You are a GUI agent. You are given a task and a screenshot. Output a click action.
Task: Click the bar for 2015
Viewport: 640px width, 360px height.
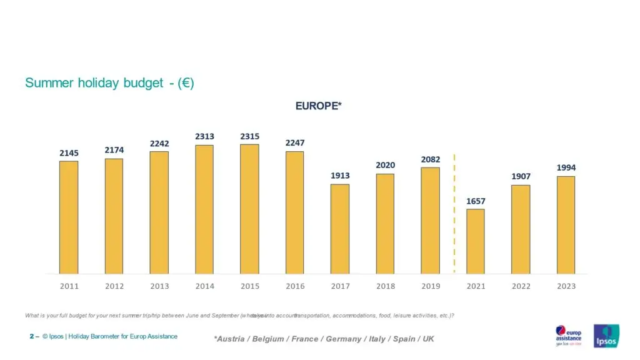249,209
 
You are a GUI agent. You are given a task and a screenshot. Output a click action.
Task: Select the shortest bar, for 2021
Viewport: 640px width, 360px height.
475,241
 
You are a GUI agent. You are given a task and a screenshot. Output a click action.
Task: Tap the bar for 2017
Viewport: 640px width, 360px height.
340,229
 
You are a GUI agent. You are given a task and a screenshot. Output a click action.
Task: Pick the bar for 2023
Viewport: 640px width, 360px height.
566,225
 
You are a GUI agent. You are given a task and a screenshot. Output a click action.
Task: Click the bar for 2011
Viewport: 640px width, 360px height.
69,217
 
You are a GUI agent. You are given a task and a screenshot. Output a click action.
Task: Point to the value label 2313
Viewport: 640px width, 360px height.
204,136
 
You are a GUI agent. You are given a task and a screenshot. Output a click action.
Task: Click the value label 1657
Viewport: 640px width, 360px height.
475,201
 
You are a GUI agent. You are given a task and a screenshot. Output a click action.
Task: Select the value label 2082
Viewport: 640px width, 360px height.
430,159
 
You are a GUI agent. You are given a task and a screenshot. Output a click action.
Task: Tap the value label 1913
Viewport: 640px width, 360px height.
340,176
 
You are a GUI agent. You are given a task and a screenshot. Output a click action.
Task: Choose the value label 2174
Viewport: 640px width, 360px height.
114,151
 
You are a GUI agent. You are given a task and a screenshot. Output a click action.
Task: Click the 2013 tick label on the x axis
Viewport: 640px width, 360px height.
159,286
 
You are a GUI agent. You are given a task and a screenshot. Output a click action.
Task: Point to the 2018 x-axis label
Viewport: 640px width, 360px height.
385,286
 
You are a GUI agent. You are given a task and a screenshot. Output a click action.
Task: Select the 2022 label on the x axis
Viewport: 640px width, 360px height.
521,286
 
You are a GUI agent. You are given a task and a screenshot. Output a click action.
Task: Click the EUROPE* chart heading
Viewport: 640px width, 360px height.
318,106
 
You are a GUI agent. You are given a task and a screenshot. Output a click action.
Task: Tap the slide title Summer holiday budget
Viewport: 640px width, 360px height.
109,83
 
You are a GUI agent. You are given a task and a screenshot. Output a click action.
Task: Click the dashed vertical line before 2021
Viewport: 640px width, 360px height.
454,212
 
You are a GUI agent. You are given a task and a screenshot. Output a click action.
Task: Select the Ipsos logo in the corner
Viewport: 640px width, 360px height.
606,335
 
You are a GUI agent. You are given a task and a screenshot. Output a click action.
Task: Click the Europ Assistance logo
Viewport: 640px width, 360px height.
568,336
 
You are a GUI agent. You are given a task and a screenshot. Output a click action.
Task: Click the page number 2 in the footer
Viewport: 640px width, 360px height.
31,336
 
